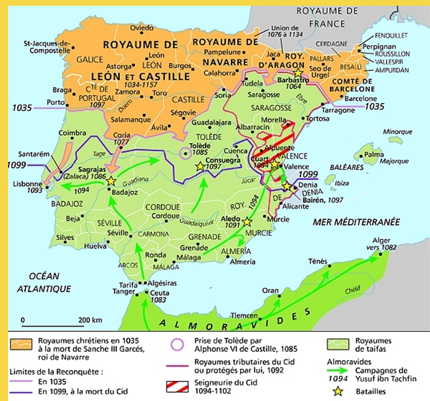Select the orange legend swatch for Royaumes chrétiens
coord(21,343)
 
